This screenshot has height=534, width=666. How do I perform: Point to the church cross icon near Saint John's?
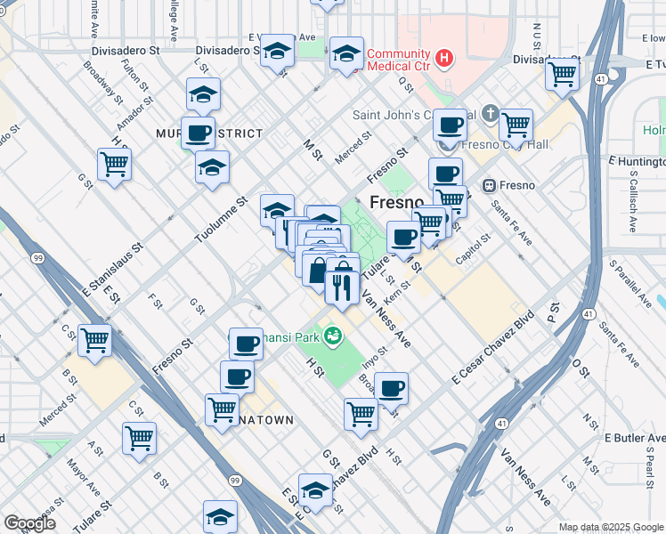pyautogui.click(x=491, y=114)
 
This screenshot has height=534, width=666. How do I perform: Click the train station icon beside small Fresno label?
pyautogui.click(x=488, y=185)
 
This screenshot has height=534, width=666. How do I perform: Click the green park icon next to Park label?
pyautogui.click(x=334, y=336)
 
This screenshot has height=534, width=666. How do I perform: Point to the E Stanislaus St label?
pyautogui.click(x=112, y=266)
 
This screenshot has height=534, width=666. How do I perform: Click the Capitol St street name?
pyautogui.click(x=475, y=247)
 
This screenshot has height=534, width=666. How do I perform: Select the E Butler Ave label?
pyautogui.click(x=634, y=438)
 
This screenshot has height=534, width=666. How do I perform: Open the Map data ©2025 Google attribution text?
pyautogui.click(x=611, y=527)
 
